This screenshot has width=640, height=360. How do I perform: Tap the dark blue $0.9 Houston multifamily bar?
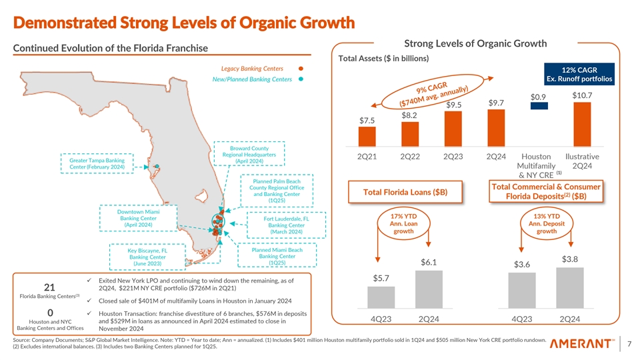click(x=539, y=105)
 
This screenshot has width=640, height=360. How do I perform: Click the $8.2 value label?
click(x=410, y=115)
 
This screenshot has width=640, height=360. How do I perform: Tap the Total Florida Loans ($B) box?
click(x=405, y=193)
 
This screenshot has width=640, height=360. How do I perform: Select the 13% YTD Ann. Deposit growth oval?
click(x=546, y=224)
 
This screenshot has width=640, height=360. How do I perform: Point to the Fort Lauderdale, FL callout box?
click(x=286, y=225)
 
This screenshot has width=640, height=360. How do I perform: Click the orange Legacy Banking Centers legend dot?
click(x=302, y=69)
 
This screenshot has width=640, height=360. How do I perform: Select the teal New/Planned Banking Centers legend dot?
click(x=302, y=80)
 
